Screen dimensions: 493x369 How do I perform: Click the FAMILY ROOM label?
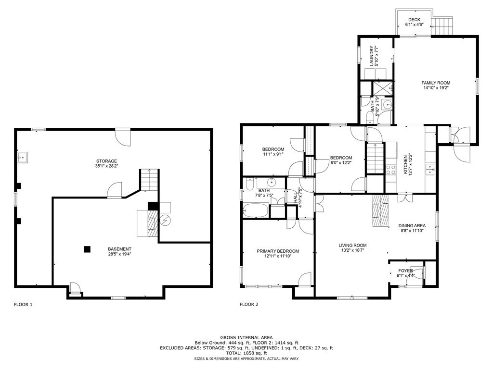tap(436, 83)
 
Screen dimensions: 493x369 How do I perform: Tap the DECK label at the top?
tap(414, 20)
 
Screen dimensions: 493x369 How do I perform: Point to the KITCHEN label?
tap(405, 164)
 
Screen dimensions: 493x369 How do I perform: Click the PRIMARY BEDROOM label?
tap(278, 251)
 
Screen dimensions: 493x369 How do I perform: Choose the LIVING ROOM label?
tap(352, 246)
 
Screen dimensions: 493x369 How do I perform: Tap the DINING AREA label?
tap(412, 226)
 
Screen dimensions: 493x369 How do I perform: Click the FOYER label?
tap(405, 271)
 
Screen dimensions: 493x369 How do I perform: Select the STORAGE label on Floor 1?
tap(106, 161)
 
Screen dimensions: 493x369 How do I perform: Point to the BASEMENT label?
tap(119, 249)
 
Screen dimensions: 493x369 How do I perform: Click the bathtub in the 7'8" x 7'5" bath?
tap(256, 210)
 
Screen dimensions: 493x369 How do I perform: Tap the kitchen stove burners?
tap(391, 170)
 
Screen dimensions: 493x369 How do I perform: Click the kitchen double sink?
tap(429, 169)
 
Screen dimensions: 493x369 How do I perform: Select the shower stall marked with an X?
tap(382, 88)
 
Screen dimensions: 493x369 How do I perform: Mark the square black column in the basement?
tap(87, 249)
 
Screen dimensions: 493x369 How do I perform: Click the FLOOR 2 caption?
tap(249, 304)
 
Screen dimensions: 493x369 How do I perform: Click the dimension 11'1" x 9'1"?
tap(273, 154)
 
